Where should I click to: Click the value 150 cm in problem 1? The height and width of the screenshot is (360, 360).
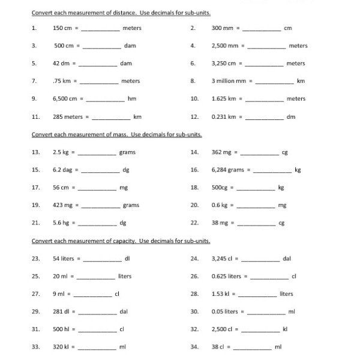tap(62, 28)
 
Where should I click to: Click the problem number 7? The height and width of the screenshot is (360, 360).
tap(34, 81)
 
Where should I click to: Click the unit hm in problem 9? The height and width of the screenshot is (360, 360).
tap(132, 98)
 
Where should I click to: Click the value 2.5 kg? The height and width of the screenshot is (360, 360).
tap(61, 152)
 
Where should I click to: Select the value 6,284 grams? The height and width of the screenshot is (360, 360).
tap(228, 170)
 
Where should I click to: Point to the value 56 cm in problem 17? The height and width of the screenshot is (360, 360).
tap(61, 187)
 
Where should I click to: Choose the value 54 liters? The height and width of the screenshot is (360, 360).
tap(65, 259)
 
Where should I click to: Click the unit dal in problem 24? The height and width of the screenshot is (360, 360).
tap(287, 259)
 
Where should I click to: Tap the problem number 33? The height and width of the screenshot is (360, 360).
tap(35, 347)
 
